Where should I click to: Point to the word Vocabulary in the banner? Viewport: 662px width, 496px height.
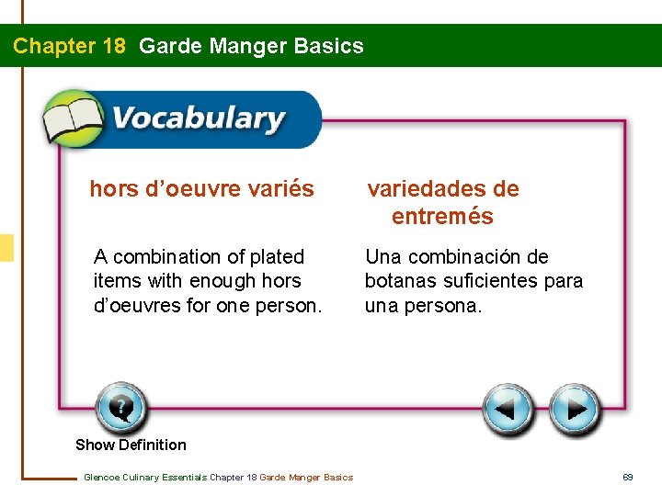coord(198,119)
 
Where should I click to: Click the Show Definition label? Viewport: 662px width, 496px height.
coord(131,445)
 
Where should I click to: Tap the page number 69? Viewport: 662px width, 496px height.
coord(628,477)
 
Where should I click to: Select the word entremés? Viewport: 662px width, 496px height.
coord(442,217)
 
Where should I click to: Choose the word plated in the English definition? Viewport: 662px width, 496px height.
coord(280,257)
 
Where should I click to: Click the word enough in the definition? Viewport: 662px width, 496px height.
coord(225,281)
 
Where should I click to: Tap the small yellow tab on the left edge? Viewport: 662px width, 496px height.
coord(6,248)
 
